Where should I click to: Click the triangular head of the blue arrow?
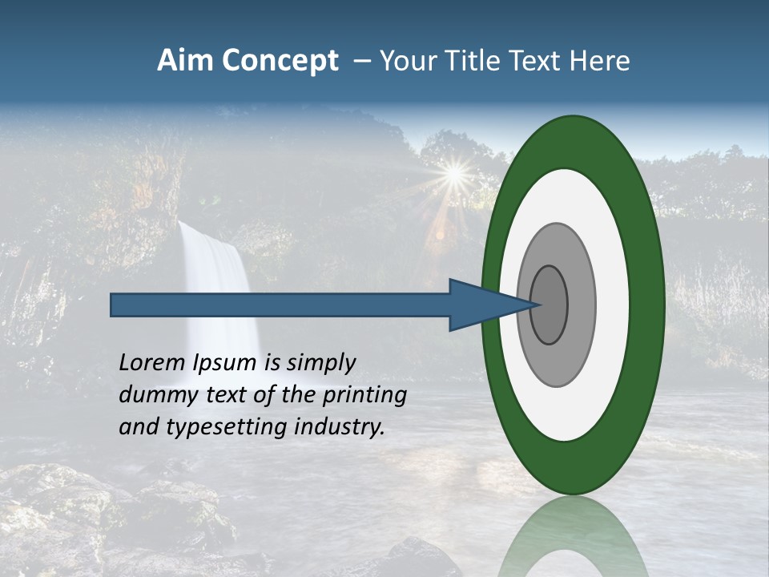tap(481, 305)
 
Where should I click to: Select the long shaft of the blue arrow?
tap(280, 305)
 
